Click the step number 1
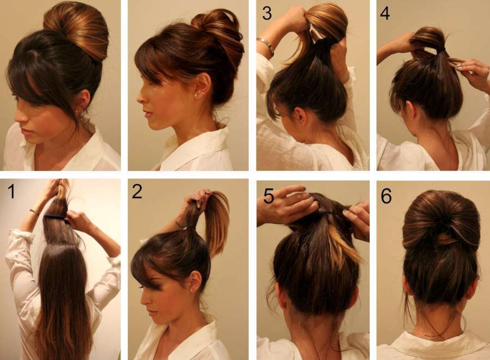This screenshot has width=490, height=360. point(11,191)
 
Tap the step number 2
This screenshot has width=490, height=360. point(137,191)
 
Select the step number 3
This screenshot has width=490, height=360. point(267,14)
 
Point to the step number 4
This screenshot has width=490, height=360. point(385,14)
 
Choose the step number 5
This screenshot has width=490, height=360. point(269,196)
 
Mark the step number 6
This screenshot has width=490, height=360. point(386,196)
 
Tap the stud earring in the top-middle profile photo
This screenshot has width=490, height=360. point(196,94)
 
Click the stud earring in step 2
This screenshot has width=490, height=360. point(191,290)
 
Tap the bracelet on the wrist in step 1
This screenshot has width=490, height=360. point(34,212)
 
